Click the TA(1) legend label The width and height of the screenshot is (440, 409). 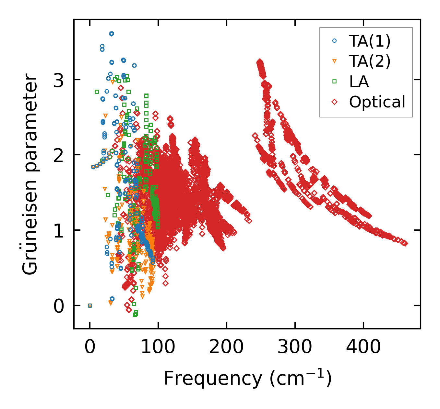[x=370, y=41]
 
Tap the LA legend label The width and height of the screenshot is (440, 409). [x=359, y=82]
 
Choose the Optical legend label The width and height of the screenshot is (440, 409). [x=377, y=102]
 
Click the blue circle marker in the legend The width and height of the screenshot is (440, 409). [x=335, y=41]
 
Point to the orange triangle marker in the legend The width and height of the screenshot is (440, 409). [x=335, y=61]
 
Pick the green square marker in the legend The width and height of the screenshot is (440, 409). [x=335, y=82]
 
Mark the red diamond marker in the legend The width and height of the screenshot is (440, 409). [x=335, y=102]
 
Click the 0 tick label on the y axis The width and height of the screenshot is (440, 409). [x=59, y=306]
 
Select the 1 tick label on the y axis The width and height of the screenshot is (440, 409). [x=59, y=230]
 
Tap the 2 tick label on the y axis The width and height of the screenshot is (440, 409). [x=59, y=155]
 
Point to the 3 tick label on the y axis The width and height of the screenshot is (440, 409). [x=59, y=80]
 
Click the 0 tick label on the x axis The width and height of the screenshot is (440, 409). [x=90, y=347]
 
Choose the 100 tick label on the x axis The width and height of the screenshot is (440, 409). [x=158, y=347]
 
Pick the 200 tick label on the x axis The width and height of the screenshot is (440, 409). [x=226, y=347]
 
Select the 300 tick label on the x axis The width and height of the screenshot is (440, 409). [x=295, y=347]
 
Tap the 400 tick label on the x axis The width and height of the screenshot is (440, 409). [x=363, y=347]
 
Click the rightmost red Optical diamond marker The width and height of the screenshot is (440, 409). [x=405, y=243]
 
